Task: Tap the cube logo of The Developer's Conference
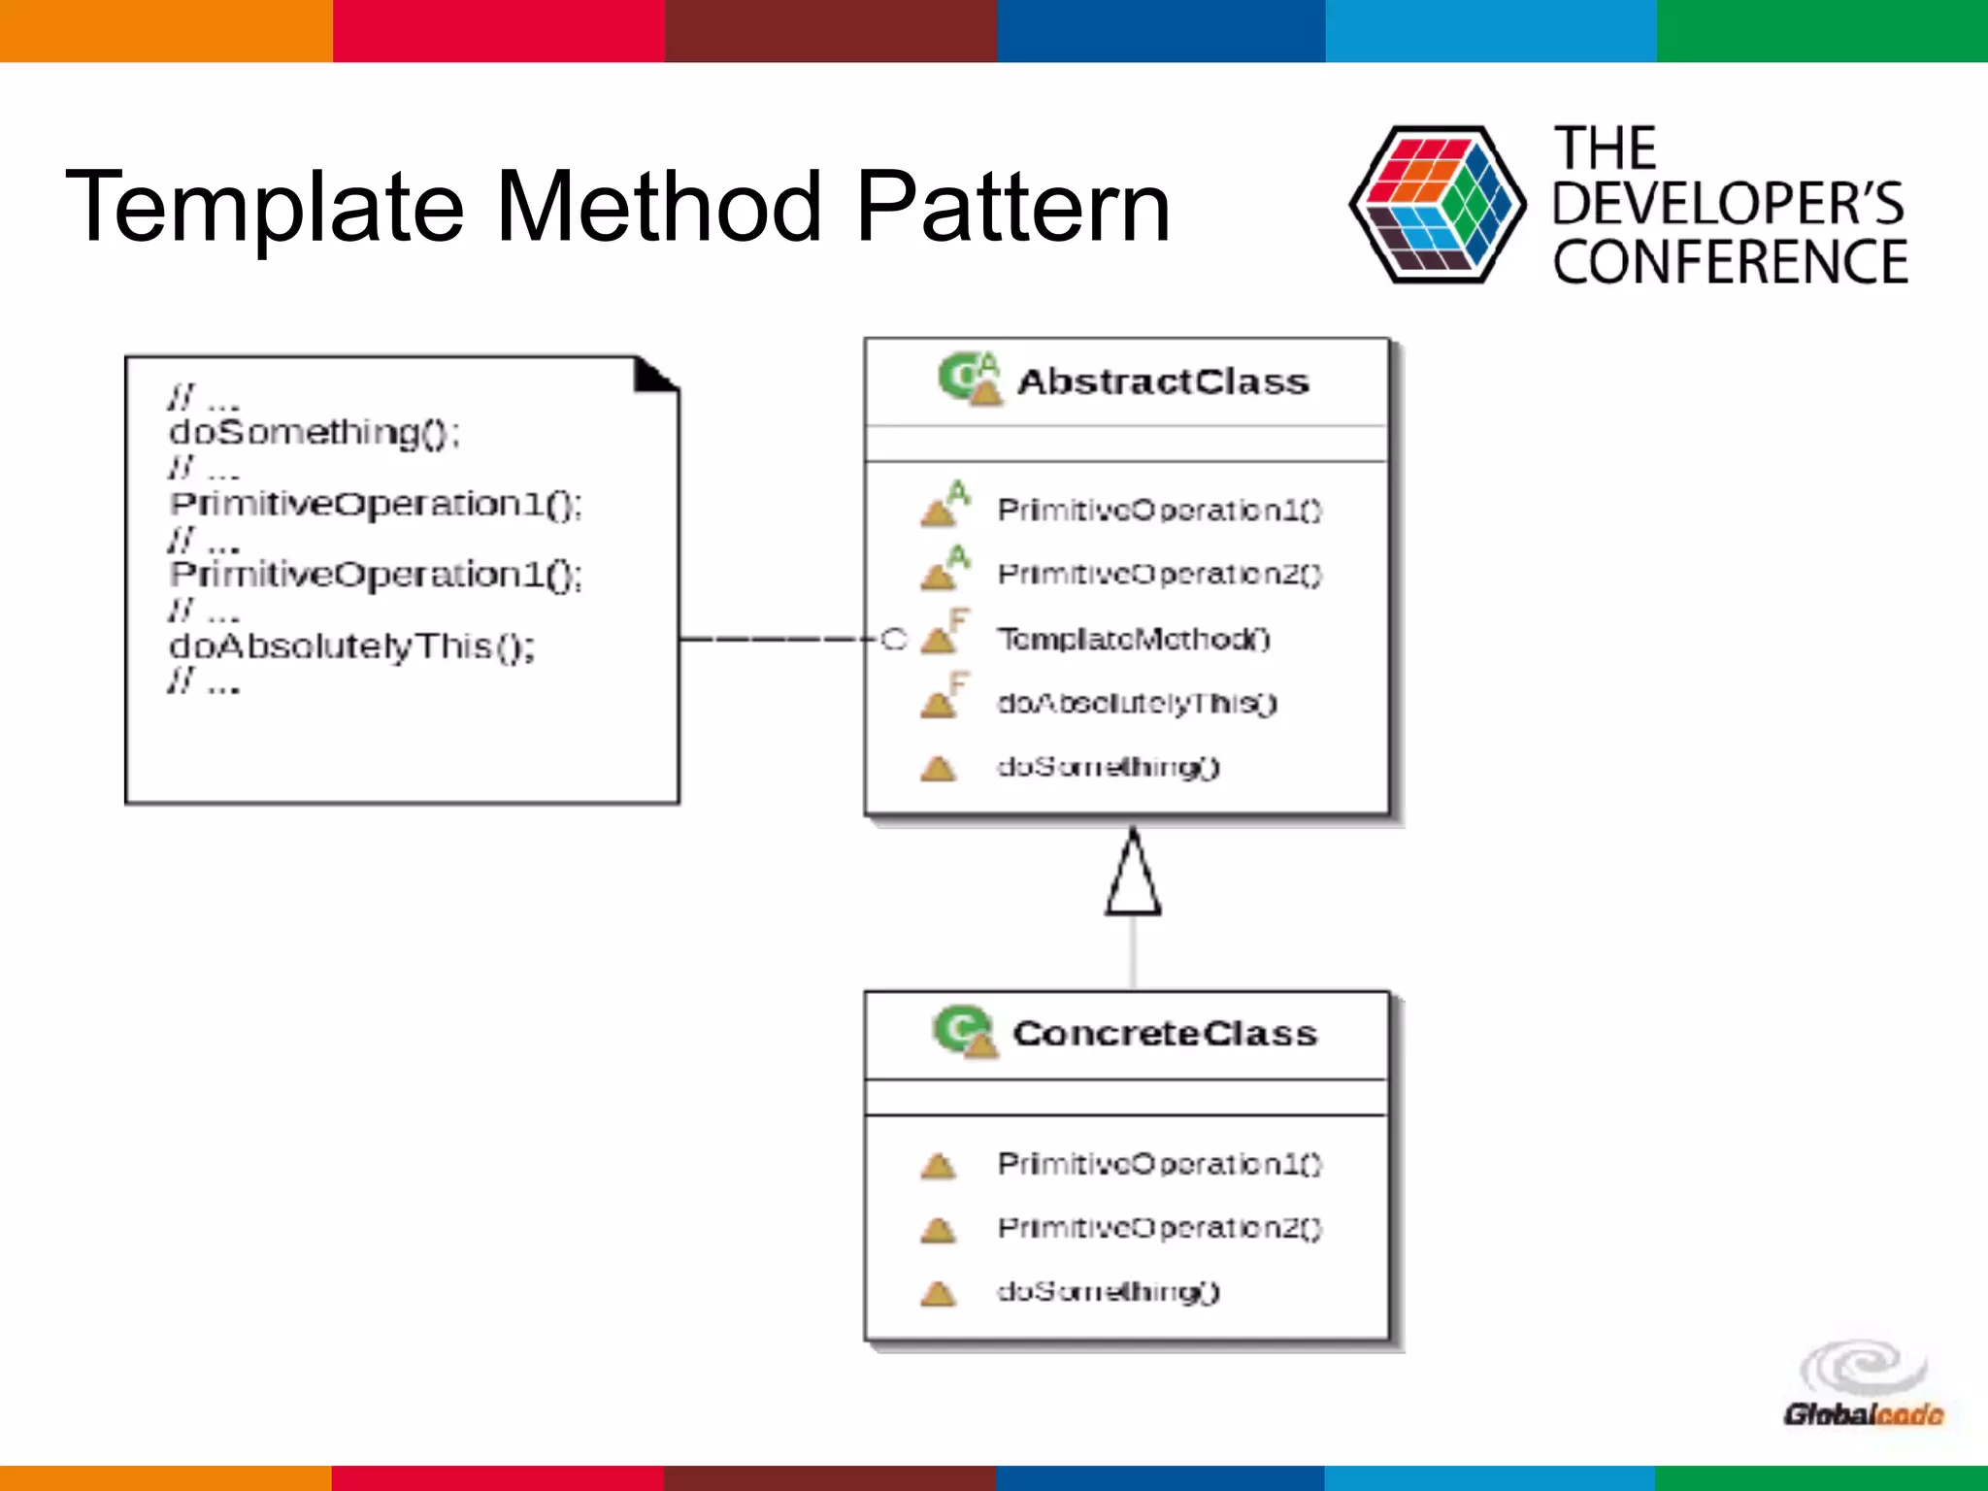point(1437,205)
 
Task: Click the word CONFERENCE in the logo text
point(1730,263)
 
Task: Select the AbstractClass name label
point(1163,382)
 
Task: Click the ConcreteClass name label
point(1165,1034)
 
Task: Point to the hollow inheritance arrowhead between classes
point(1133,876)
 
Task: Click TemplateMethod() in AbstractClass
point(1133,639)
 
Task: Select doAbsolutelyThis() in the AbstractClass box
point(1137,703)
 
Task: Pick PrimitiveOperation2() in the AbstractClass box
point(1159,575)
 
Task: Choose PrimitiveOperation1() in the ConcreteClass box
point(1159,1163)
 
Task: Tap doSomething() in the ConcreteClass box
point(1108,1291)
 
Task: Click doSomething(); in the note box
point(314,433)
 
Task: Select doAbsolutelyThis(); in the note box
point(351,646)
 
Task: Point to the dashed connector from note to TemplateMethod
point(777,639)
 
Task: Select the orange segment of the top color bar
point(165,31)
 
